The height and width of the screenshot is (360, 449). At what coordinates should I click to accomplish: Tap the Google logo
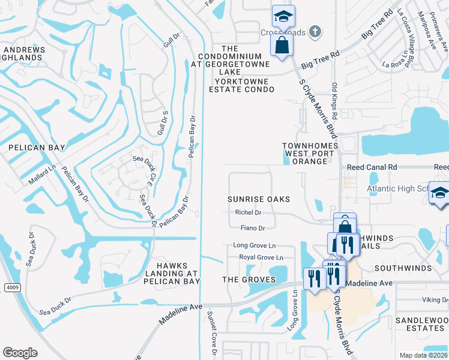[20, 353]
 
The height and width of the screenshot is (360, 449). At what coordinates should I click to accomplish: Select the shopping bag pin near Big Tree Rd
[281, 44]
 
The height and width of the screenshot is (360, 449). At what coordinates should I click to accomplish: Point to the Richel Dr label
[248, 212]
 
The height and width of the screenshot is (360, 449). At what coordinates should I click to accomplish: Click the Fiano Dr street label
[252, 228]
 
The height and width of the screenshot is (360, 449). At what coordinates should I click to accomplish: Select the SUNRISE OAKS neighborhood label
[259, 199]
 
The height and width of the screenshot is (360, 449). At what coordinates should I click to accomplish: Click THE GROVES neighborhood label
[249, 280]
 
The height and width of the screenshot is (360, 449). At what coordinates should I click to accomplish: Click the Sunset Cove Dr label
[211, 334]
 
